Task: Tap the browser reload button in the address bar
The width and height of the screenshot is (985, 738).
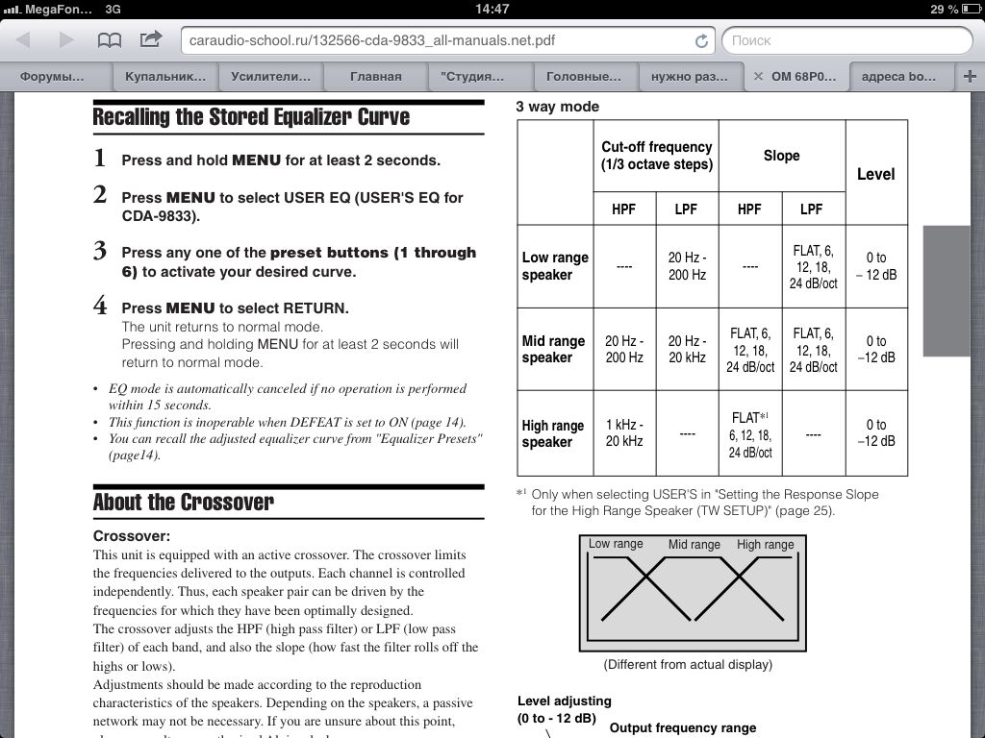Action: coord(701,41)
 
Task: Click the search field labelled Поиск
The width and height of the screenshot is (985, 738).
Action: coord(846,40)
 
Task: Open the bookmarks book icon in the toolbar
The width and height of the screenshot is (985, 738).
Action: coord(110,40)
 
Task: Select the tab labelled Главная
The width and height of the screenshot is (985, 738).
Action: coord(375,76)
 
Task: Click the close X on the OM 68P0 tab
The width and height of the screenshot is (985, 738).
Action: coord(758,76)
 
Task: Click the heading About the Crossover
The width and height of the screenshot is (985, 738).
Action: coord(184,502)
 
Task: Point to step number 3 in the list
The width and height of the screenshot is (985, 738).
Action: coord(100,253)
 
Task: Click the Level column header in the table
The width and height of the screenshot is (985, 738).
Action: coord(875,174)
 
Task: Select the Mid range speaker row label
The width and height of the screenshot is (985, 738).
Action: coord(553,349)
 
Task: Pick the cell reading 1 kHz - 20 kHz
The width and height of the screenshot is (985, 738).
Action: coord(623,433)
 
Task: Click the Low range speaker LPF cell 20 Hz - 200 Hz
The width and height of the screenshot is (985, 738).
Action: coord(687,266)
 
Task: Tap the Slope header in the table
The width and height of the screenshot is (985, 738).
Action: coord(781,156)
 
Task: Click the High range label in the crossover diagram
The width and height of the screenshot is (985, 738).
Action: coord(765,545)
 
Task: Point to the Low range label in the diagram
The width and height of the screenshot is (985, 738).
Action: coord(616,544)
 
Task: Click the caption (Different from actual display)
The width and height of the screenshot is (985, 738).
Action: coord(688,664)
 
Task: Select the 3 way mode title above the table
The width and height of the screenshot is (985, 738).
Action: coord(557,107)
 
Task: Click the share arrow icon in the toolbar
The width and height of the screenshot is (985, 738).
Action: coord(151,40)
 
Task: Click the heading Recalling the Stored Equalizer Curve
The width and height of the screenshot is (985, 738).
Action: coord(251,117)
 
